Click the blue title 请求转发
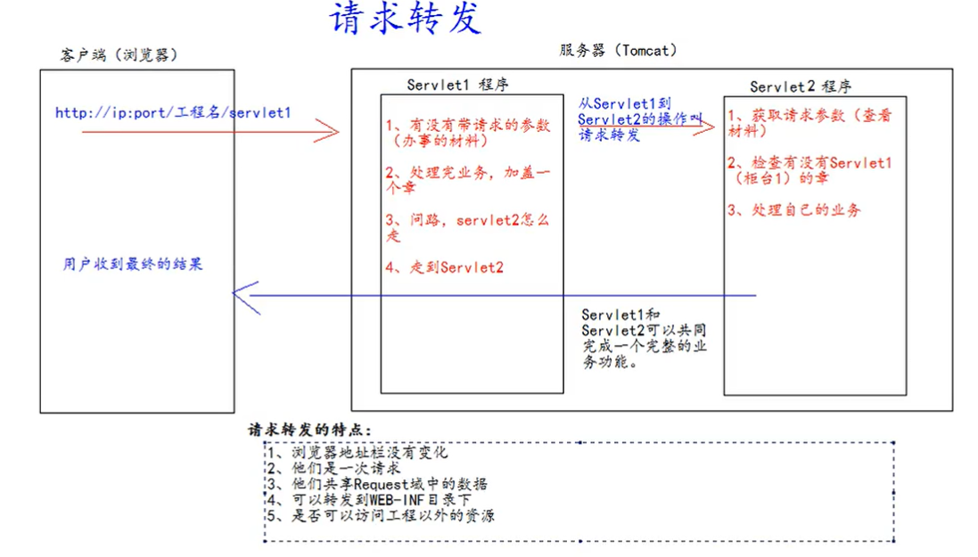(406, 20)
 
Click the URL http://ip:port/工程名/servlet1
(173, 113)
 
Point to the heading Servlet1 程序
(458, 85)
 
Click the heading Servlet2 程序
(800, 86)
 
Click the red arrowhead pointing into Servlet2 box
(707, 126)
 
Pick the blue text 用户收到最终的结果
(133, 264)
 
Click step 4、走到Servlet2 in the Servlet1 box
(445, 266)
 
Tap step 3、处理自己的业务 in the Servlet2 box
(794, 210)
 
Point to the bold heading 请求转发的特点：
(310, 430)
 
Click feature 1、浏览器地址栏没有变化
(357, 453)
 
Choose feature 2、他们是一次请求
(333, 468)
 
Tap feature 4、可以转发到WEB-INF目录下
(370, 499)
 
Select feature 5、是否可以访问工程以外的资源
(380, 515)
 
